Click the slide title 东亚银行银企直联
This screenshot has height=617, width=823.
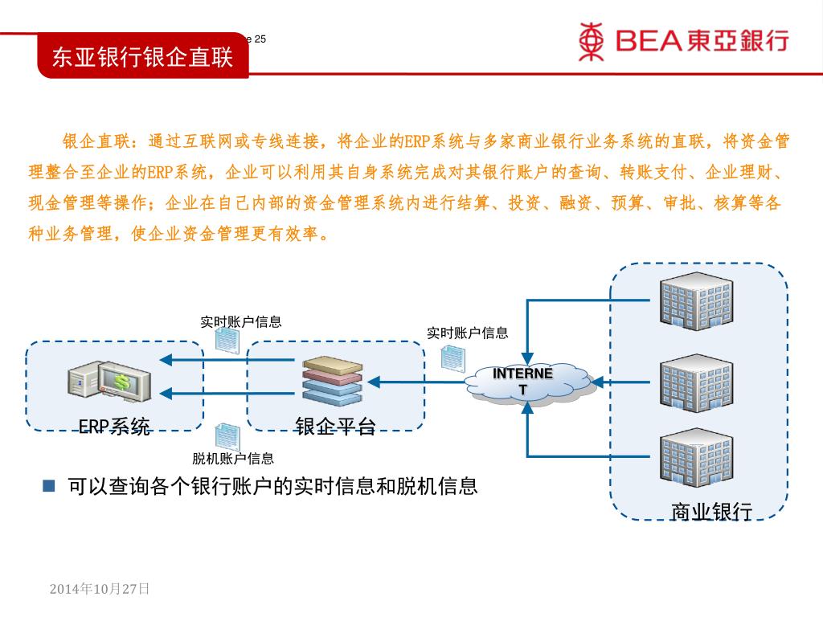[x=142, y=57]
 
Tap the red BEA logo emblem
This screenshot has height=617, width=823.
[x=591, y=41]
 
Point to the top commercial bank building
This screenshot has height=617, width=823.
[x=696, y=301]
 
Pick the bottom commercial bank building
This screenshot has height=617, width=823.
[x=696, y=458]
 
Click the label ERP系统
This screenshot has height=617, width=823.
[x=114, y=427]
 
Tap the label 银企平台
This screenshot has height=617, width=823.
[x=335, y=427]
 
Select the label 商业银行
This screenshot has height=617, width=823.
[x=711, y=512]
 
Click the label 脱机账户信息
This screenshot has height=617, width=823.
[x=233, y=459]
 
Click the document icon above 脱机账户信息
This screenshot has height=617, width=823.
[x=227, y=436]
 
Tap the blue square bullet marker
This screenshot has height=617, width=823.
[x=49, y=485]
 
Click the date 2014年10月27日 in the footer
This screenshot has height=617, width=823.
[x=100, y=589]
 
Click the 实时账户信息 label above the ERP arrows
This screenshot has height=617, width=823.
[x=241, y=322]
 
